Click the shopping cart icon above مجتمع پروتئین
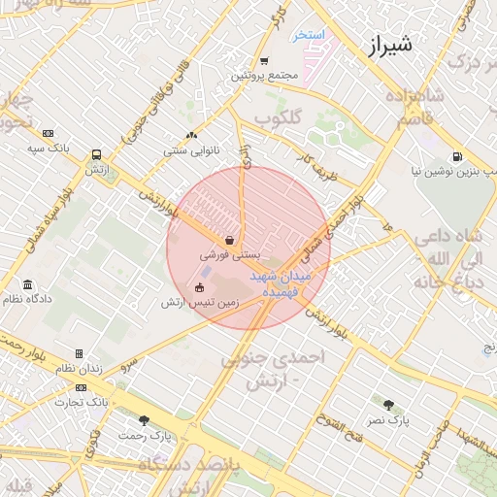tap(263, 61)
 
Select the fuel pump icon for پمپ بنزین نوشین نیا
tap(456, 157)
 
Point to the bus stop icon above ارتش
tap(96, 154)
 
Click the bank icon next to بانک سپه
tap(49, 133)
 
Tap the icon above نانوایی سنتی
tap(190, 136)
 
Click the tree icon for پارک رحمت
tap(145, 421)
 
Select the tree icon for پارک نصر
tap(389, 405)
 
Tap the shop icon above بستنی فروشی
tap(228, 239)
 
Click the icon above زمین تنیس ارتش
tap(199, 287)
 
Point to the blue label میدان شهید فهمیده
tap(282, 282)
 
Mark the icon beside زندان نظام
tap(79, 354)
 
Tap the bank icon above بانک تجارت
tap(94, 386)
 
